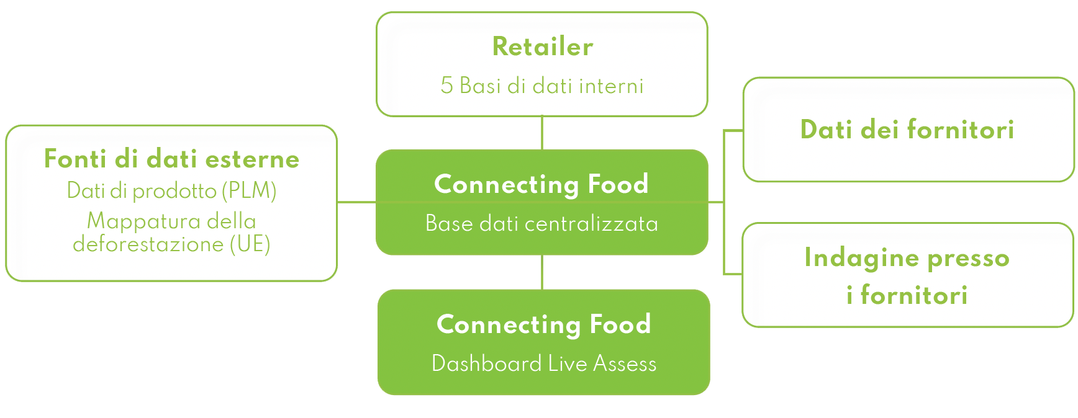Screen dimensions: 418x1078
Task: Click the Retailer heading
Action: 542,47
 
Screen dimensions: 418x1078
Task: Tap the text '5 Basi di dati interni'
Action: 542,86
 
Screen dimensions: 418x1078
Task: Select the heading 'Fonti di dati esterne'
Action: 171,159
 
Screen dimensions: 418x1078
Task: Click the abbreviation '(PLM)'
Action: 249,191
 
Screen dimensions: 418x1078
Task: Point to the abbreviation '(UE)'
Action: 250,244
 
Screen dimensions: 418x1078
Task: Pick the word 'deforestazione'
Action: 148,244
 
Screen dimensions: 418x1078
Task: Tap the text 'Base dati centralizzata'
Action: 541,223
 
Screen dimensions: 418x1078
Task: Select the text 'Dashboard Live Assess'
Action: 544,363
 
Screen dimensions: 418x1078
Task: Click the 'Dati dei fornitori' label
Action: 907,130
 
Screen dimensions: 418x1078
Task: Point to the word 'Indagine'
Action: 860,258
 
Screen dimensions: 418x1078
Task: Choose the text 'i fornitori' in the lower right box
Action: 907,295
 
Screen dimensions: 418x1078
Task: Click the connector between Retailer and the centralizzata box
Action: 542,133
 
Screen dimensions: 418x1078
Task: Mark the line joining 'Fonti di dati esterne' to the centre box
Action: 356,202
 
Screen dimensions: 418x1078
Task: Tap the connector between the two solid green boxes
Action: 542,272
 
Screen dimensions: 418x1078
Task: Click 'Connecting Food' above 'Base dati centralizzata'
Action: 541,184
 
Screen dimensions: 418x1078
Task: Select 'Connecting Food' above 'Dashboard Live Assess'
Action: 544,324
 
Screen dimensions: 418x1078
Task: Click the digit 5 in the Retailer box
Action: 446,86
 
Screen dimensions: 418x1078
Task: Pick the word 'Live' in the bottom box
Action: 568,363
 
